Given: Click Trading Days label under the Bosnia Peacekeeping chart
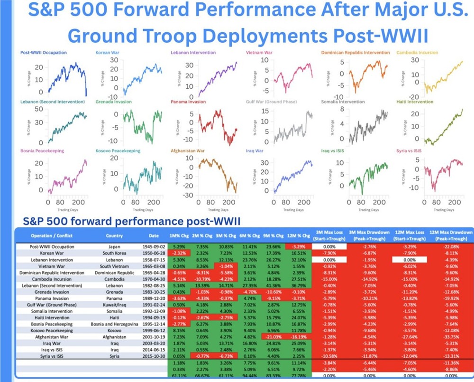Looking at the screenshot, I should pyautogui.click(x=64, y=209).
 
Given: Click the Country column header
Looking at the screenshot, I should pyautogui.click(x=114, y=235).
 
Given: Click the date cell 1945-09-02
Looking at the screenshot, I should pyautogui.click(x=154, y=247).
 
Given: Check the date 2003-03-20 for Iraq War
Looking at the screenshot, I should pyautogui.click(x=154, y=343).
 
